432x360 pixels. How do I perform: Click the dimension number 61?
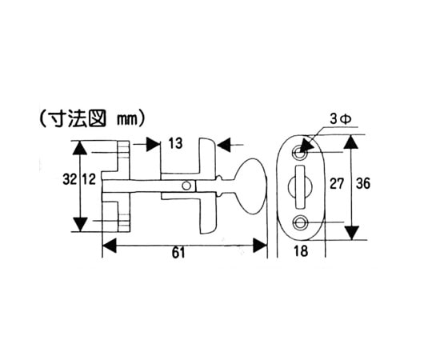178,253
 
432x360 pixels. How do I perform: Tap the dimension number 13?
175,143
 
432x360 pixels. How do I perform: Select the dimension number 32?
70,180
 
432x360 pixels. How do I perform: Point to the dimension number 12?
89,180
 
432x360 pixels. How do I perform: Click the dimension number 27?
337,184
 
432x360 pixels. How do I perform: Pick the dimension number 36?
363,184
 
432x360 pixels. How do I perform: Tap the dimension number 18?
301,251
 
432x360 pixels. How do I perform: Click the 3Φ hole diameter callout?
340,119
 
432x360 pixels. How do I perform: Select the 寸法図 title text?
82,119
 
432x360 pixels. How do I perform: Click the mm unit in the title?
127,120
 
